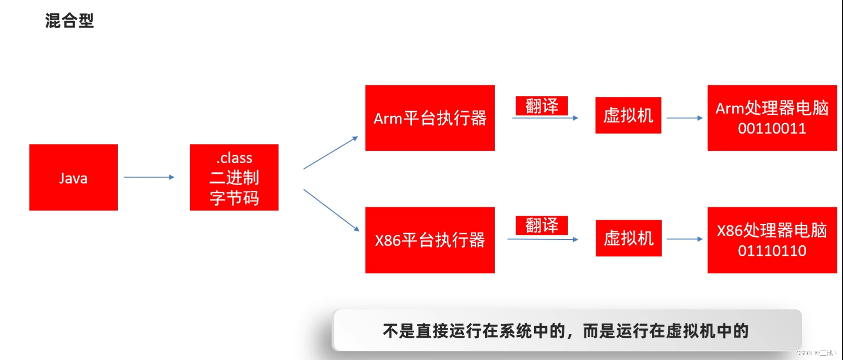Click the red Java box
[73, 177]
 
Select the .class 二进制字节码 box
[234, 177]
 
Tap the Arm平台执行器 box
[430, 118]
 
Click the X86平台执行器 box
[430, 240]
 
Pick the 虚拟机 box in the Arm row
[628, 115]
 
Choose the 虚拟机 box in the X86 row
[628, 238]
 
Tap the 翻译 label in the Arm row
[542, 106]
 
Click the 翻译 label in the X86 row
[542, 225]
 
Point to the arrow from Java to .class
[149, 177]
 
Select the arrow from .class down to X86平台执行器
[331, 210]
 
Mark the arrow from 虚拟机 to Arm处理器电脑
[685, 118]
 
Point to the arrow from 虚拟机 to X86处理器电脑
[685, 239]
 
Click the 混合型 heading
[69, 21]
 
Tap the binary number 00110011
[772, 128]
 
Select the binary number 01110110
[772, 251]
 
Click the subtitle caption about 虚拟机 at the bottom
[566, 331]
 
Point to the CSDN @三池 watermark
[816, 353]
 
